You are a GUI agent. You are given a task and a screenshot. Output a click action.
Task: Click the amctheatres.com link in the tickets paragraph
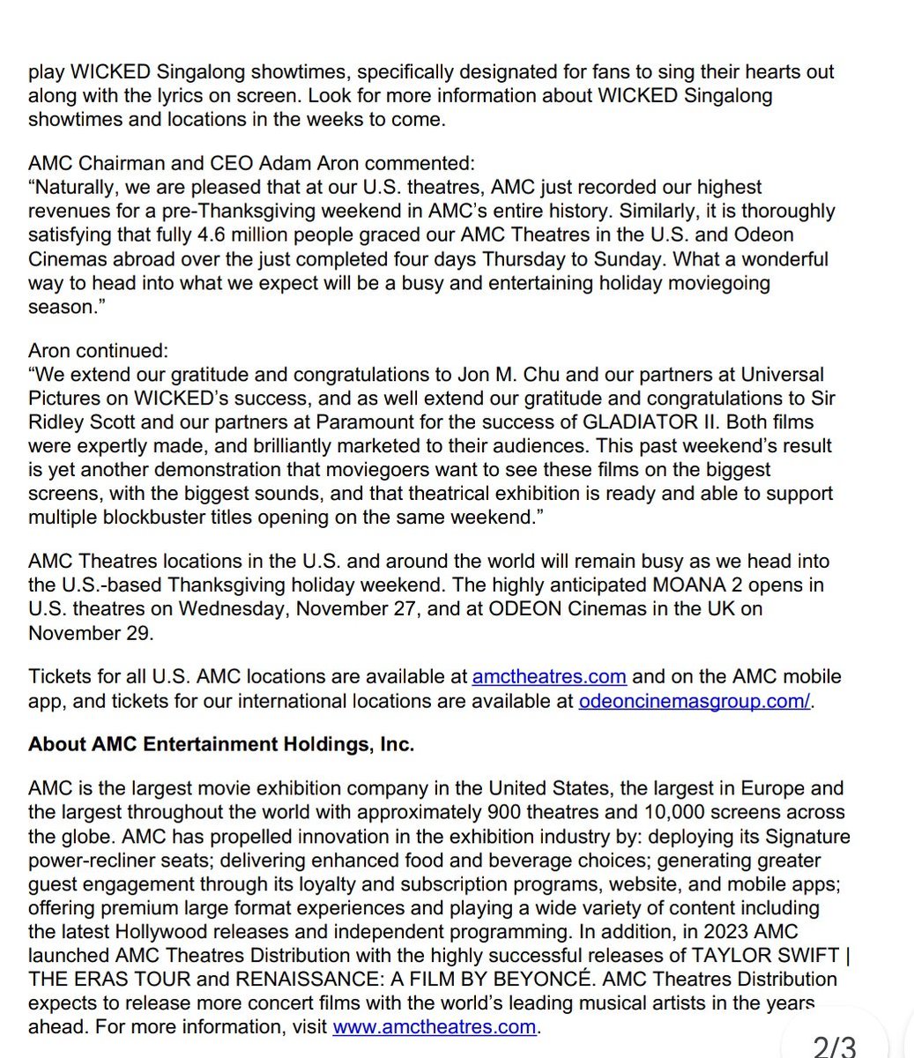549,677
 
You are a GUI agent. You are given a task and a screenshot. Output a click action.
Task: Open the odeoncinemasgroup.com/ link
695,701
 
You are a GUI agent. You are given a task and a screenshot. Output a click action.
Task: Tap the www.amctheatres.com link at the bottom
435,1026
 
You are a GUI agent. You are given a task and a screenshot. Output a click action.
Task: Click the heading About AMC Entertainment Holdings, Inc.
221,744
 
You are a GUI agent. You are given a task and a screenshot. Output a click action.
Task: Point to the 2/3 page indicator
834,1046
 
